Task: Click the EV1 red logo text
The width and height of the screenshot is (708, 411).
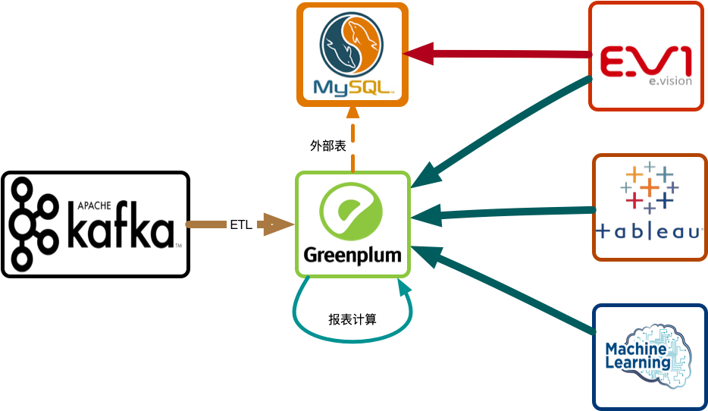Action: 644,61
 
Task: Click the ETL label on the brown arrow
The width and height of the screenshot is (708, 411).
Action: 240,224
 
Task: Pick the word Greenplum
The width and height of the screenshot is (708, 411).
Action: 352,254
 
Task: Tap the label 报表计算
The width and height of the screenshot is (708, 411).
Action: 352,319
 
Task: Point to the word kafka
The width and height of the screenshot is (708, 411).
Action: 121,232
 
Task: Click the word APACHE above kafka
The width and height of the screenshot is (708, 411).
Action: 94,205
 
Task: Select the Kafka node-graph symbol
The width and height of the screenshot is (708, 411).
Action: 35,224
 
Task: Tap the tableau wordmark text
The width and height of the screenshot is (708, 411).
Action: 650,231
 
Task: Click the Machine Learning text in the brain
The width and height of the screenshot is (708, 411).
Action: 636,356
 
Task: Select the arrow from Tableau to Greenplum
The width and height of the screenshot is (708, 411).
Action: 508,212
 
